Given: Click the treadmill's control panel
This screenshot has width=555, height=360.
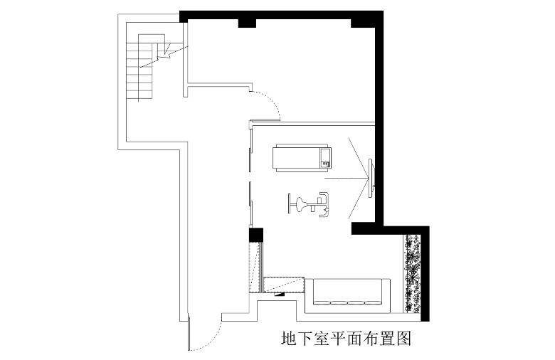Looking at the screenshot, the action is (x=325, y=158).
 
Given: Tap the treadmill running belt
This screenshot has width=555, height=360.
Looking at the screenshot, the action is (x=297, y=158).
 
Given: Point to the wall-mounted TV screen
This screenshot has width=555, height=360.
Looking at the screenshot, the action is (x=371, y=178).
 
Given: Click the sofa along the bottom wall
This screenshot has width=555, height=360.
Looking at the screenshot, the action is (x=347, y=292).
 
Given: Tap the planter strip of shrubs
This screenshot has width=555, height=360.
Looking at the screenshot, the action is (x=413, y=273).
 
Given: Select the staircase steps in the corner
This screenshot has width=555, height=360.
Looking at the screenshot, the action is (x=140, y=72).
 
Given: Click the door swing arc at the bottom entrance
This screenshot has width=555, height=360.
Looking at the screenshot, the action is (x=210, y=338).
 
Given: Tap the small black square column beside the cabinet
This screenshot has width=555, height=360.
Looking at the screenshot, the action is (x=256, y=235).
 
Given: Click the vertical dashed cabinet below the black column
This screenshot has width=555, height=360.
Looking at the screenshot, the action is (x=255, y=268).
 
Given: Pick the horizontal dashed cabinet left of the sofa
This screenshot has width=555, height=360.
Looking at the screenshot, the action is (x=284, y=285).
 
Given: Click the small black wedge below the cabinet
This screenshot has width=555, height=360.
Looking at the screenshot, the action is (x=280, y=295).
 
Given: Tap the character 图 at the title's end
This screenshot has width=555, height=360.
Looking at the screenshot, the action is (x=404, y=339).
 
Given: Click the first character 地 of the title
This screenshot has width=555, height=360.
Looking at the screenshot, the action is (x=289, y=339).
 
